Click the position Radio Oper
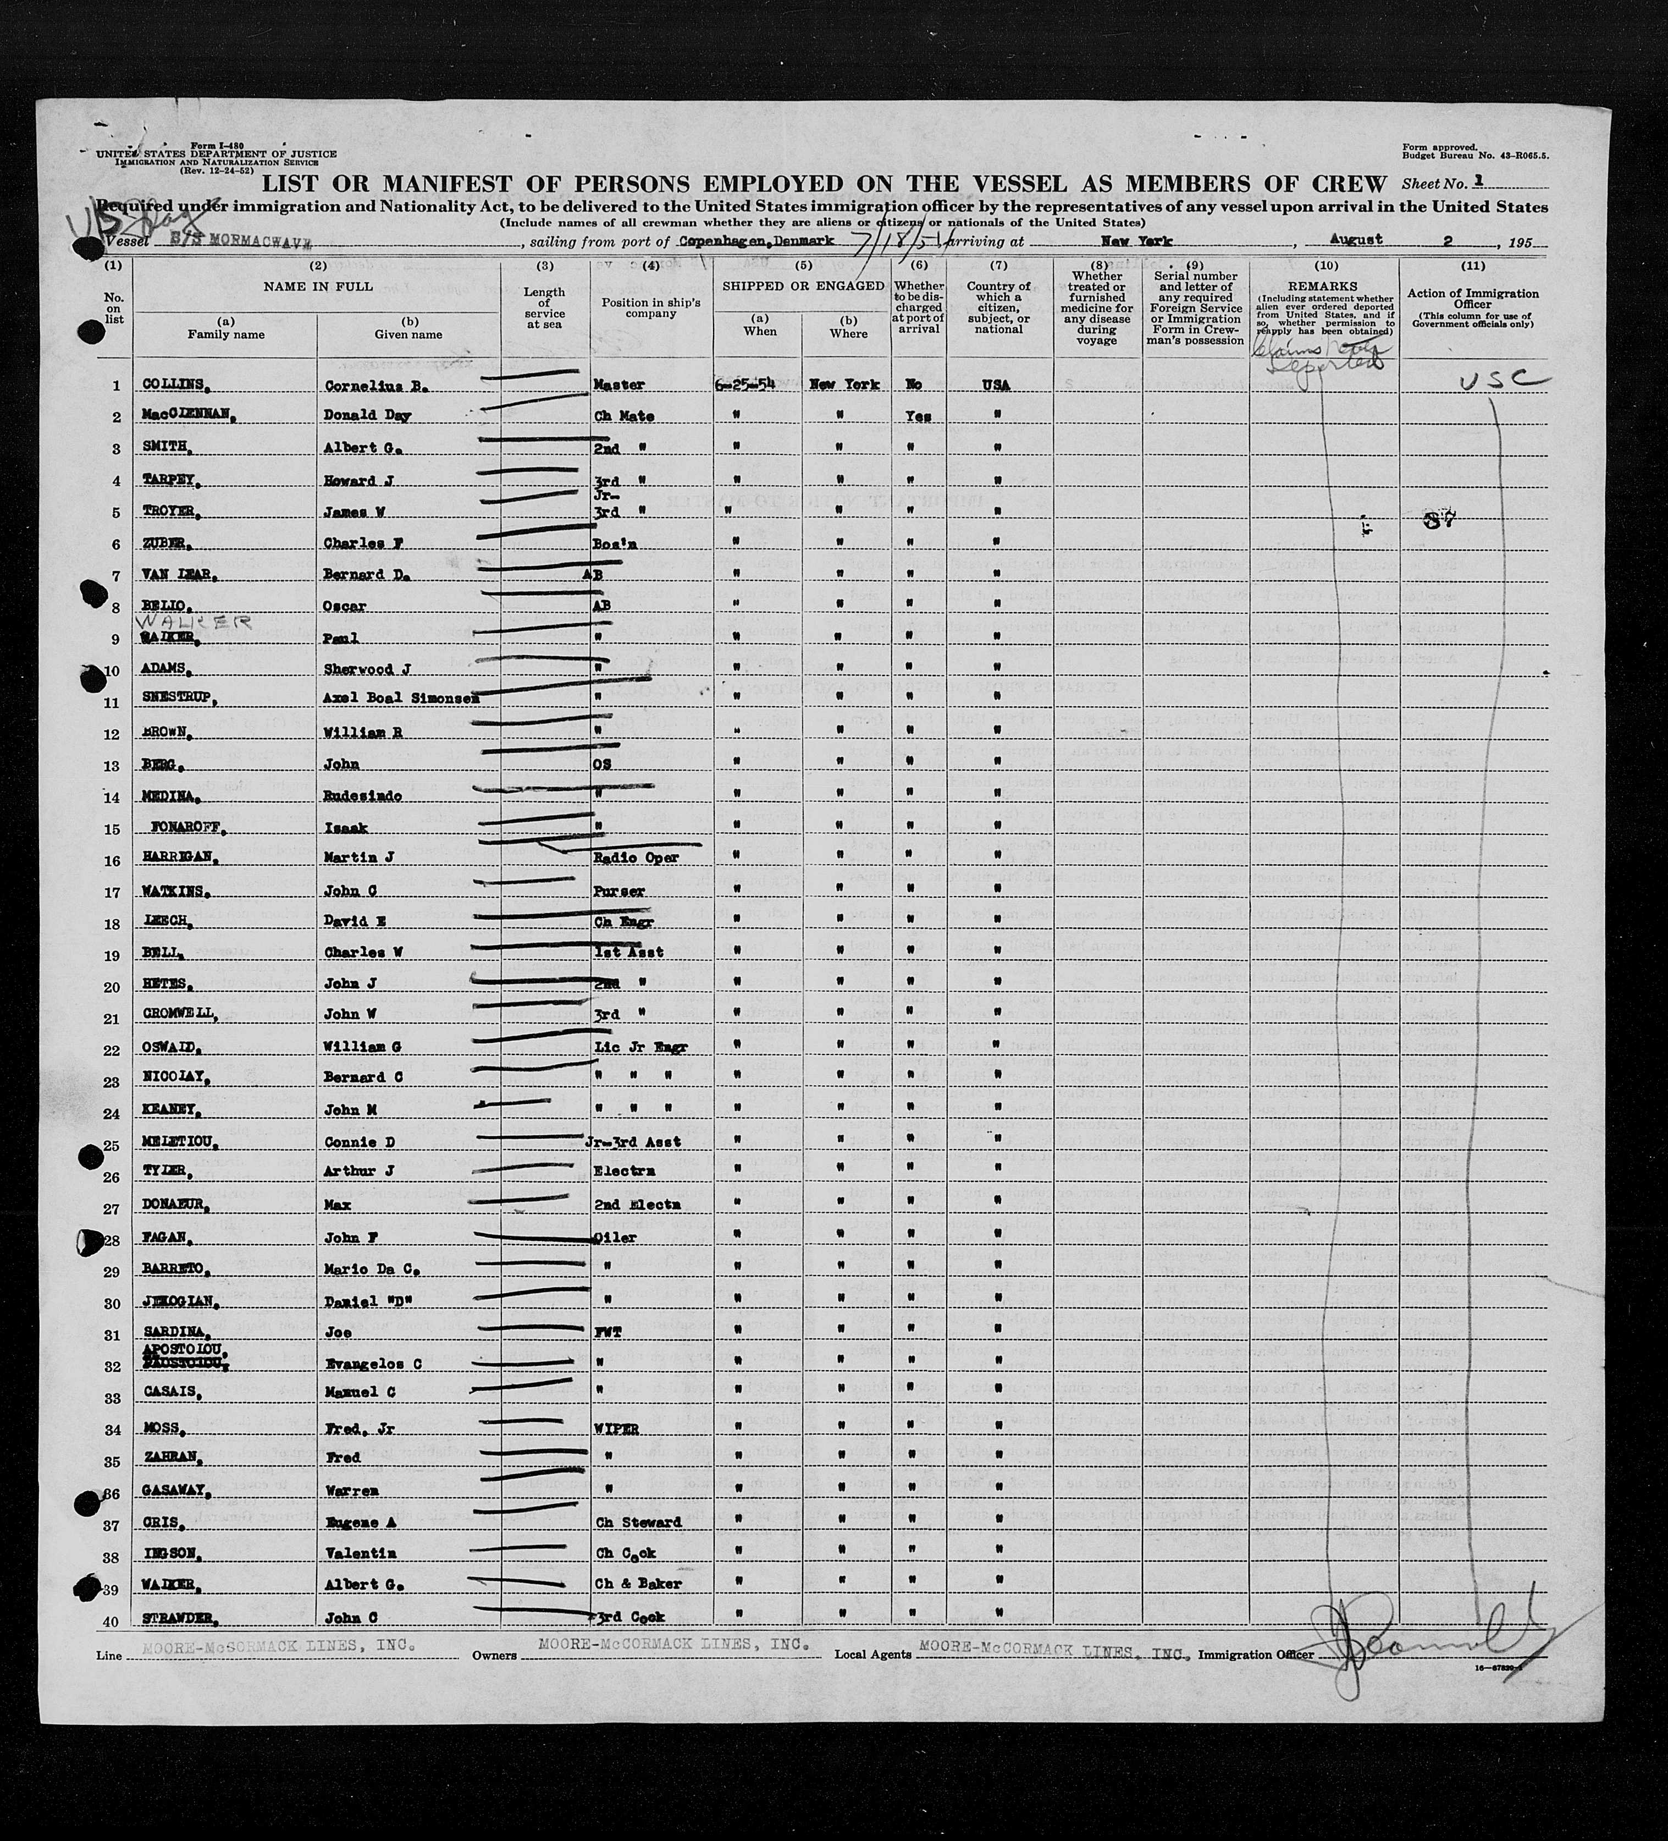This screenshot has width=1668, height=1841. [x=636, y=859]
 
